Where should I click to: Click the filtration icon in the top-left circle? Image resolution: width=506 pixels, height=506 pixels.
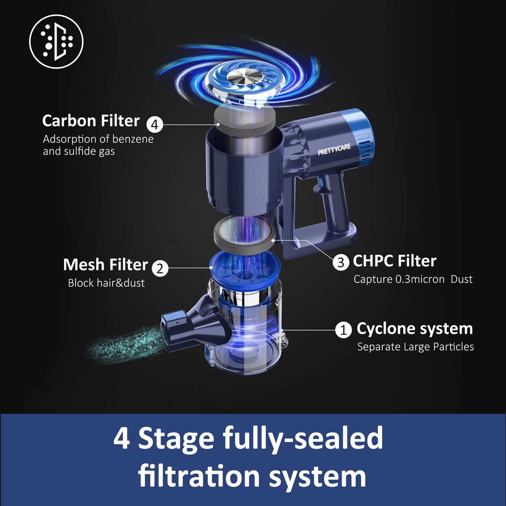click(x=56, y=41)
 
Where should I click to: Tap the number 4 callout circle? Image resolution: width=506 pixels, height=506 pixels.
click(x=154, y=124)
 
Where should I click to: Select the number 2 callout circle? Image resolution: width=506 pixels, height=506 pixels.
click(x=160, y=268)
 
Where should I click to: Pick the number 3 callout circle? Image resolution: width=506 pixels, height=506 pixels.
click(x=341, y=262)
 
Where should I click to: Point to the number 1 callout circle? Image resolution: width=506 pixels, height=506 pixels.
click(x=343, y=330)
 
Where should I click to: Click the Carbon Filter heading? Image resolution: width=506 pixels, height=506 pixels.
click(x=91, y=121)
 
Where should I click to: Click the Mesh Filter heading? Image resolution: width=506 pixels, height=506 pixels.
click(x=105, y=265)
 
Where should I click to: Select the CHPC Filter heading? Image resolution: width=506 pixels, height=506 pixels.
click(x=394, y=261)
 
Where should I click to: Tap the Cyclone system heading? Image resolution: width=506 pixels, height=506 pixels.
click(x=415, y=328)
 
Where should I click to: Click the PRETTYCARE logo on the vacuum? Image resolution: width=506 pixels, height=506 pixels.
click(x=334, y=149)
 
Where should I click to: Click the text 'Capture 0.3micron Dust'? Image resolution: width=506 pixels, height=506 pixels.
click(x=413, y=279)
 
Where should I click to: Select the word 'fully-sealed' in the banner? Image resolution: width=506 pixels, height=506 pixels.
click(x=303, y=438)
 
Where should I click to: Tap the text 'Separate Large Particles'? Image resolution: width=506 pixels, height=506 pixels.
click(x=415, y=347)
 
